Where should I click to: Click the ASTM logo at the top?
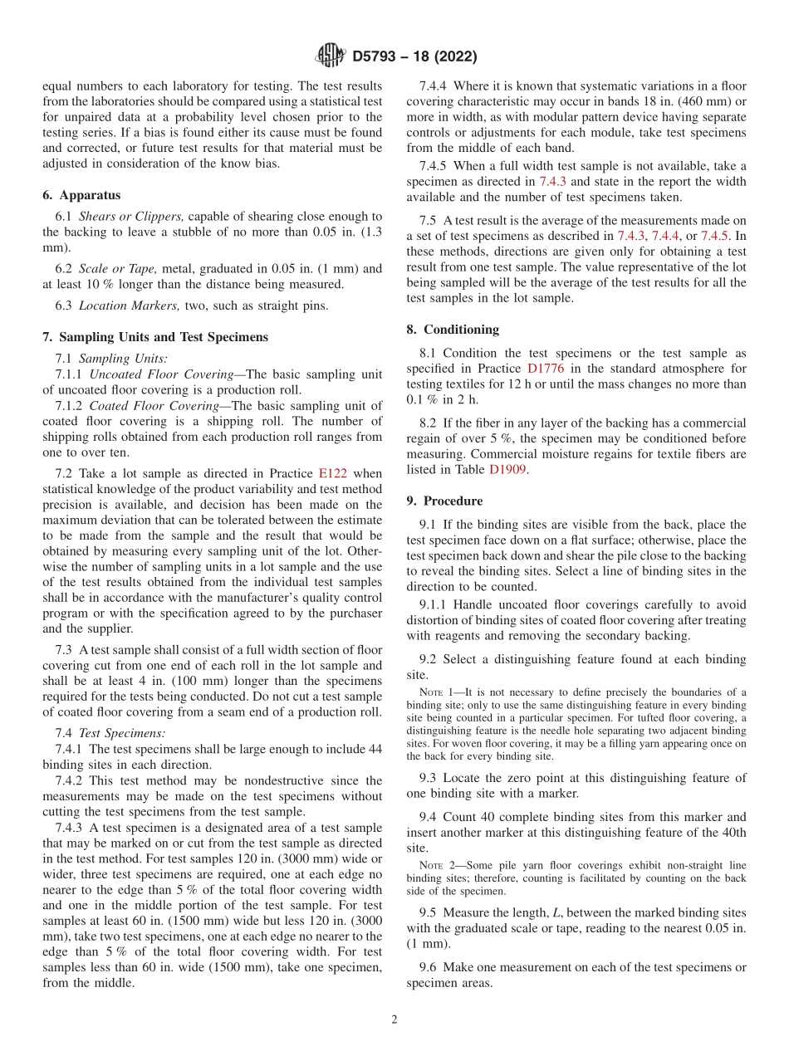click(x=330, y=56)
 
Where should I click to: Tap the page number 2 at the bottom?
click(x=394, y=1019)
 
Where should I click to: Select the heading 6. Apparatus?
click(x=81, y=195)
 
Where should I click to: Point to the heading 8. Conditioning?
click(x=453, y=330)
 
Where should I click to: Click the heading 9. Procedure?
click(x=444, y=501)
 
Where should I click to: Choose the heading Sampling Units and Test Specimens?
click(x=164, y=337)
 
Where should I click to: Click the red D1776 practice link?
click(x=547, y=369)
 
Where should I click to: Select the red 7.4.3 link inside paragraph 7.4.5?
click(x=553, y=181)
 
